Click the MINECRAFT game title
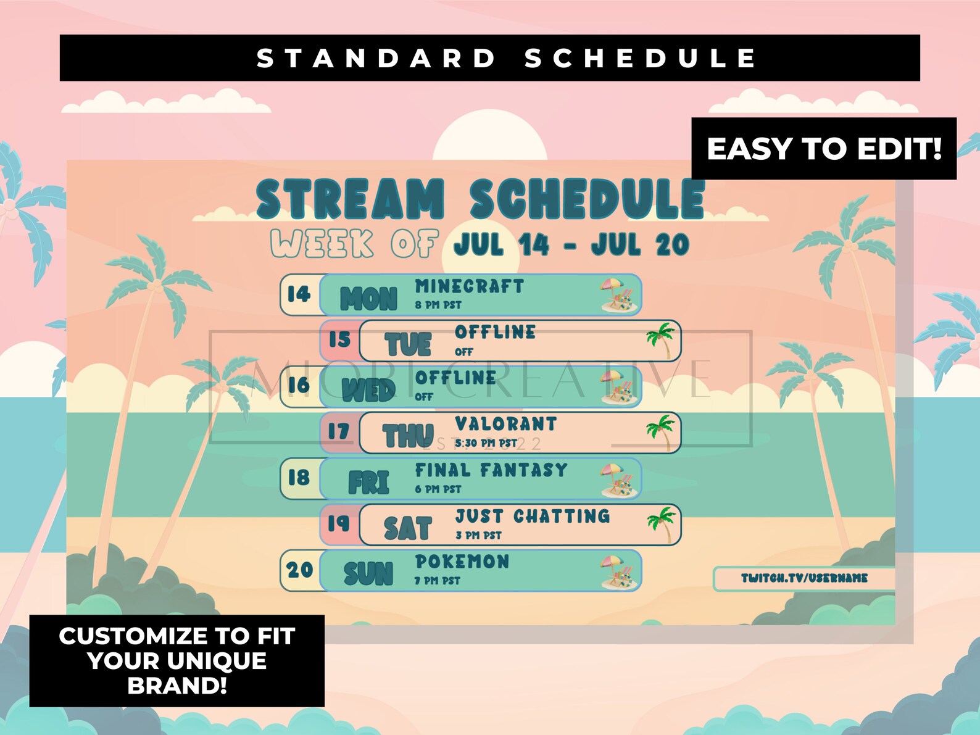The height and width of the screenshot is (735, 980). click(469, 287)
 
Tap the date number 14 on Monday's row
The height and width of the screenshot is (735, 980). click(299, 294)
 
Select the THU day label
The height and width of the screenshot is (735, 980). click(408, 436)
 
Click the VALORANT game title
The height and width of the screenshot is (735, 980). click(505, 424)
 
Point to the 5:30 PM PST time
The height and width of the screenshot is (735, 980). click(486, 443)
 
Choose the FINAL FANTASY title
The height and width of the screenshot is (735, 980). click(491, 470)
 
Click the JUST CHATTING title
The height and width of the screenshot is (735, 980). click(532, 516)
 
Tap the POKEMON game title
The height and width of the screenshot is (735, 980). click(462, 562)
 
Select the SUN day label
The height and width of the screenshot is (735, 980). click(368, 573)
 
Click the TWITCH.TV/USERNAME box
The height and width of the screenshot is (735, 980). click(804, 578)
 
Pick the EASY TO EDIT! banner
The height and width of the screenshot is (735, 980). click(824, 149)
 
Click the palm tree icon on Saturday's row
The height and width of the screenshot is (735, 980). click(662, 523)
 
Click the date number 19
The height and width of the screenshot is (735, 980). click(339, 523)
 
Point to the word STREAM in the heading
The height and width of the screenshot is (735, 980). click(350, 199)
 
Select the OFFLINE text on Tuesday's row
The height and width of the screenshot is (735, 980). click(495, 333)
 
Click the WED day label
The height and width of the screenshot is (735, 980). click(368, 390)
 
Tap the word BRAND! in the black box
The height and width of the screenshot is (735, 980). click(177, 686)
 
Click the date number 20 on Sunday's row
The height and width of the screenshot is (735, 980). click(300, 570)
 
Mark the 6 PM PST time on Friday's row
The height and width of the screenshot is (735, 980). click(438, 489)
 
